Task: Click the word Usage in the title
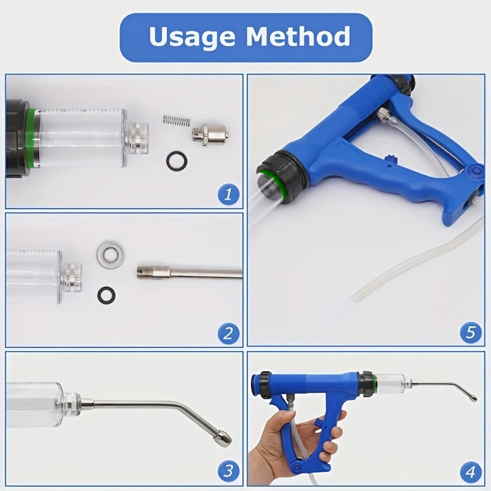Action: point(193,37)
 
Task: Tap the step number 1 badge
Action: point(228,195)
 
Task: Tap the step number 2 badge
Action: point(228,334)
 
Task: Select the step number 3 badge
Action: point(228,471)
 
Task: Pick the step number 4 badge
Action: point(471,472)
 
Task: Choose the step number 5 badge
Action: point(471,333)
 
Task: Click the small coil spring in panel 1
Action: point(174,120)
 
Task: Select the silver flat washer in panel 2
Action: point(110,254)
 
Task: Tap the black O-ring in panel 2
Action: point(107,295)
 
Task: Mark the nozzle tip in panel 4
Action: point(473,398)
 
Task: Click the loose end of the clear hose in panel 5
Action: point(356,297)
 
